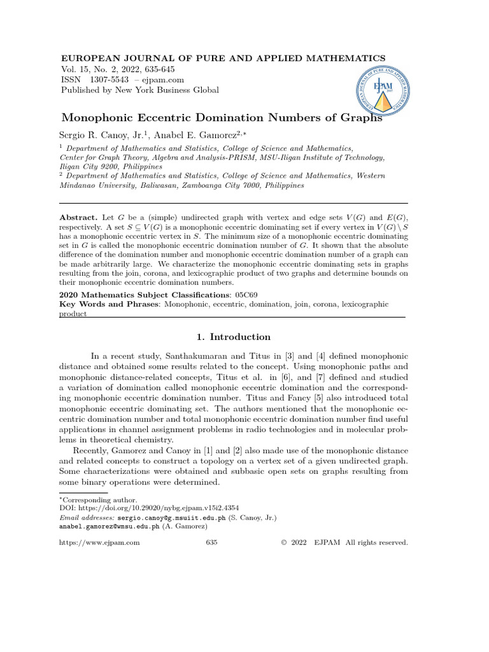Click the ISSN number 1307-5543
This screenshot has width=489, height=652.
coord(109,80)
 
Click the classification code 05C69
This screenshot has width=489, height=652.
coord(245,295)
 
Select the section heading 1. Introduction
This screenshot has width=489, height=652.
coord(231,337)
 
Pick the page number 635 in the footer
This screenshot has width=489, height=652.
coord(212,542)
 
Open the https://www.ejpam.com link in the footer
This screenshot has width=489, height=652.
coord(99,542)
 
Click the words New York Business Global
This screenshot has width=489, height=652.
coord(166,90)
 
